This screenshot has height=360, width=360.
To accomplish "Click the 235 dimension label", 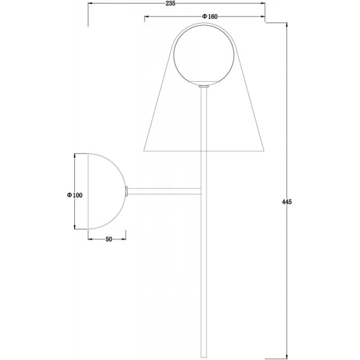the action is (171, 4).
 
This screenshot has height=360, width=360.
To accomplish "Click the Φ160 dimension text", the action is (210, 17).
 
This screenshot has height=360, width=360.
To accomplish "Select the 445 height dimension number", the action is (287, 202).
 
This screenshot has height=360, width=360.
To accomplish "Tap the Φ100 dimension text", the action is (75, 195).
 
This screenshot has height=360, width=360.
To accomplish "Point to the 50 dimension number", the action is (109, 239).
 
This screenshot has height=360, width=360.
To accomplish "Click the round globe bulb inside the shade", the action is (204, 54).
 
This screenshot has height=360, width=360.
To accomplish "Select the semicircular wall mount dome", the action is (107, 191).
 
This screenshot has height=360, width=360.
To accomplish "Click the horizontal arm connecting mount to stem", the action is (164, 191).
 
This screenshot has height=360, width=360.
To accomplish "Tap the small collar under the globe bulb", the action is (204, 86).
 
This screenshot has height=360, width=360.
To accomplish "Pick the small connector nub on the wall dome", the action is (126, 191).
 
